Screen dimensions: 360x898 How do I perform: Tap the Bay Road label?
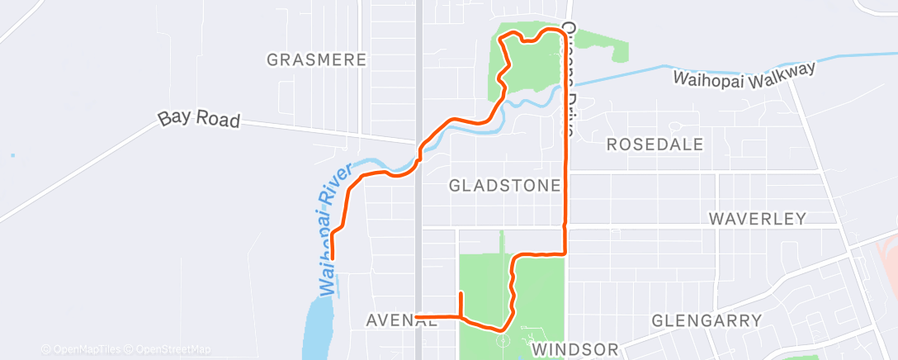[x=199, y=120]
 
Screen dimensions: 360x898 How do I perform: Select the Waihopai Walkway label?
[x=744, y=74]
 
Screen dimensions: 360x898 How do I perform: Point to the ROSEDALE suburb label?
[x=655, y=144]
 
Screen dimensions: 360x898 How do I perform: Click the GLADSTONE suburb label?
[x=505, y=186]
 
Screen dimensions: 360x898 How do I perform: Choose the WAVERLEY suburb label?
[x=757, y=219]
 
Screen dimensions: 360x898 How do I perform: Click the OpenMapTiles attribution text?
[x=83, y=349]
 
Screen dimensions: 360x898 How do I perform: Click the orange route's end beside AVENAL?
[x=418, y=316]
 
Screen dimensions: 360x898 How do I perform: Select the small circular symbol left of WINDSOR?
[x=503, y=339]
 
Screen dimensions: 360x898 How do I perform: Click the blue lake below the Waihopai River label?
[x=318, y=326]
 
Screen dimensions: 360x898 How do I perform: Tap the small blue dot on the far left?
[x=12, y=155]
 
